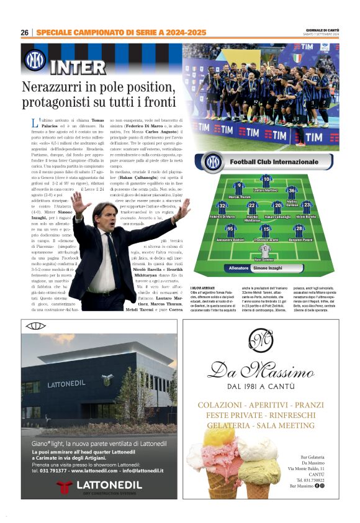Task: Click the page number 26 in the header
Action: [24, 32]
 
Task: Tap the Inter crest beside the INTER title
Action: [35, 60]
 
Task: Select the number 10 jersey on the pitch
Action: [267, 180]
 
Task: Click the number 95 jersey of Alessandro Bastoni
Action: [231, 229]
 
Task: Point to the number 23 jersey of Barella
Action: [306, 206]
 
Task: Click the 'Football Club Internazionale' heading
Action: [274, 162]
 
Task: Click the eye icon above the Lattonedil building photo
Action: [30, 325]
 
